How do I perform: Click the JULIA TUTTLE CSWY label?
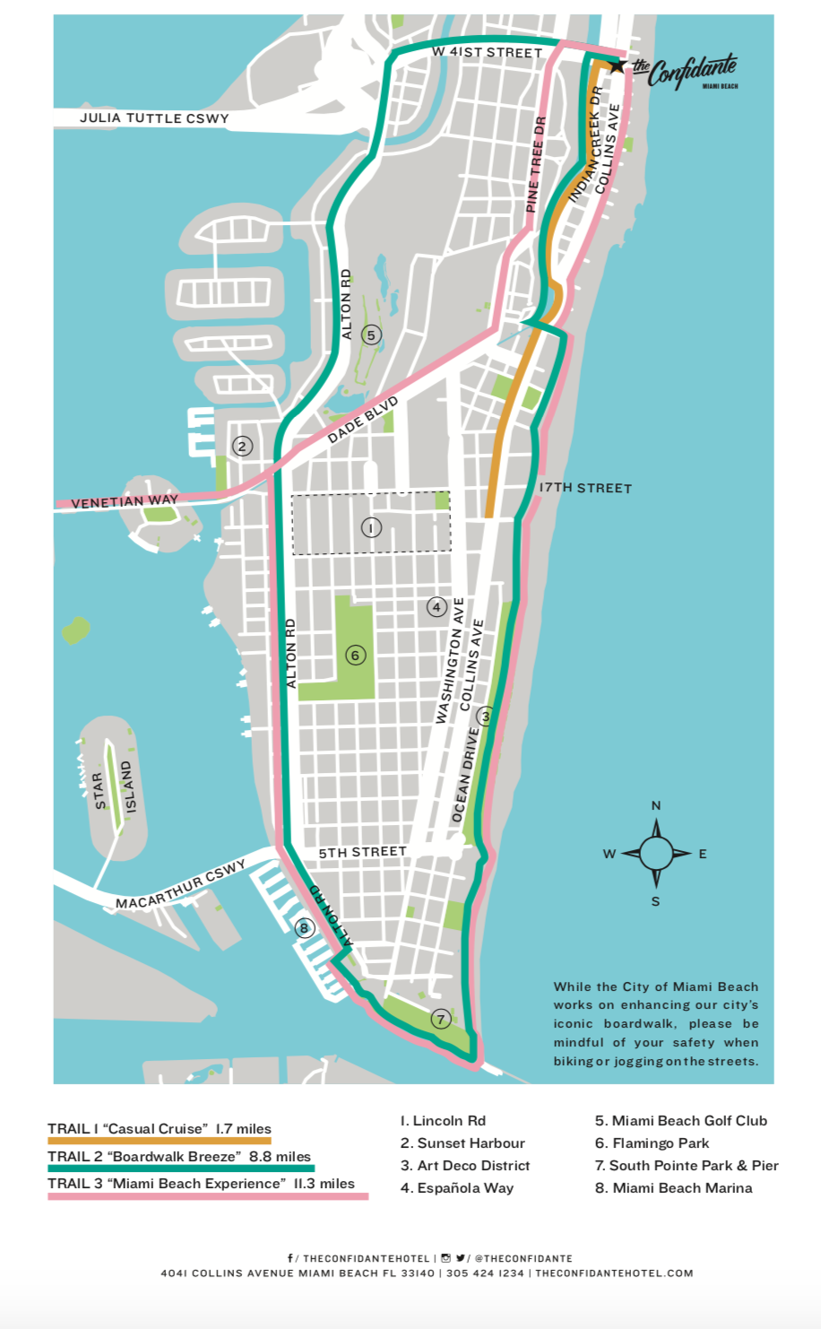point(154,118)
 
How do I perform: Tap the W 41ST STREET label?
point(487,53)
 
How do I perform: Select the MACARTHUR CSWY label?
point(180,885)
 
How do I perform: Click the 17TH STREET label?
point(585,488)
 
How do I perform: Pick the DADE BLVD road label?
point(362,421)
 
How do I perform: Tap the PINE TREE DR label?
point(536,165)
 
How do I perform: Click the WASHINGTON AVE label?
point(449,661)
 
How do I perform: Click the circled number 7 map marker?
point(440,1019)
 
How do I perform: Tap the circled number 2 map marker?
point(241,446)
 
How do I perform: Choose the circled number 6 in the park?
point(355,656)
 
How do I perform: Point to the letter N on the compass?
point(655,805)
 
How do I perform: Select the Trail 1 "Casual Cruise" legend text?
point(160,1129)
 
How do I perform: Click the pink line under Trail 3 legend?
point(208,1196)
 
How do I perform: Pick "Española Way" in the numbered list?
point(457,1188)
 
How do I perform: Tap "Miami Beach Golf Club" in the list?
point(681,1121)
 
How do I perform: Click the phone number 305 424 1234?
point(485,1273)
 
